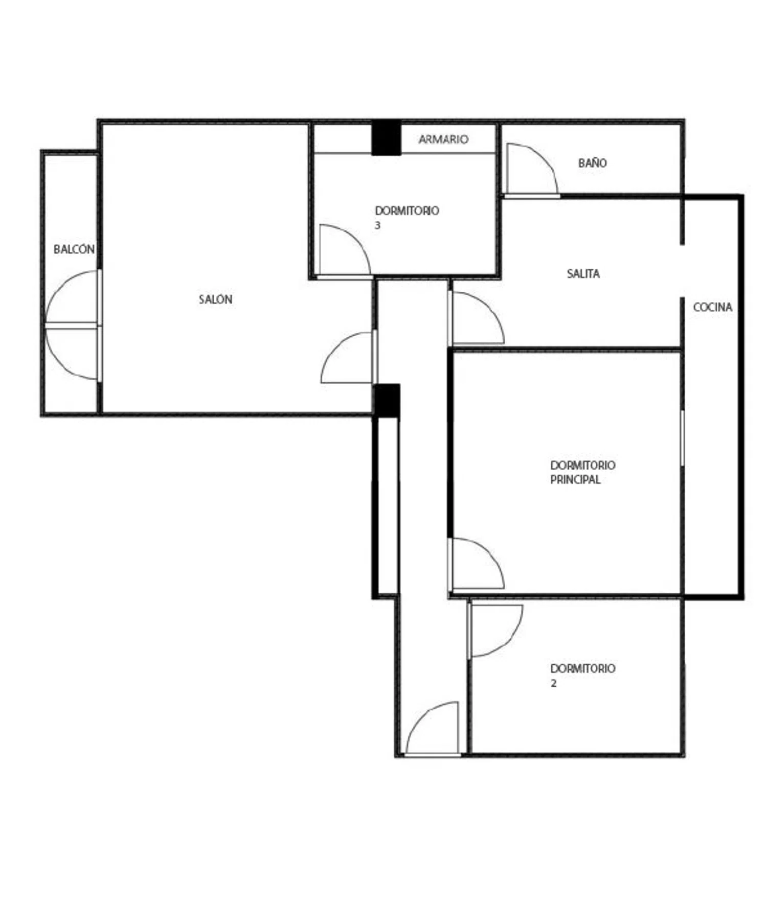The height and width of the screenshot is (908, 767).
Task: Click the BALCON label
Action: tap(74, 249)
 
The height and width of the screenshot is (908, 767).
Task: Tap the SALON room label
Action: tap(215, 299)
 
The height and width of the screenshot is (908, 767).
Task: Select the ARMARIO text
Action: tap(443, 139)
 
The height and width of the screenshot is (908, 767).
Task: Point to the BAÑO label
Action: tap(593, 162)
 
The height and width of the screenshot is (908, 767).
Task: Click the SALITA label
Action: tap(583, 273)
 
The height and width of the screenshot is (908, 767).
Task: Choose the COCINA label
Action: tap(713, 307)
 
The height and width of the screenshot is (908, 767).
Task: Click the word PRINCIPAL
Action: tap(575, 479)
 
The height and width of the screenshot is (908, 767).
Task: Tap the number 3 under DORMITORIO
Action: tap(378, 225)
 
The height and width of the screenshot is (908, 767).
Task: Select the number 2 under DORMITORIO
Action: tap(554, 683)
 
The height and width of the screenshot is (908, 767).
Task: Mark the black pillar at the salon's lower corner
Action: tap(387, 401)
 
